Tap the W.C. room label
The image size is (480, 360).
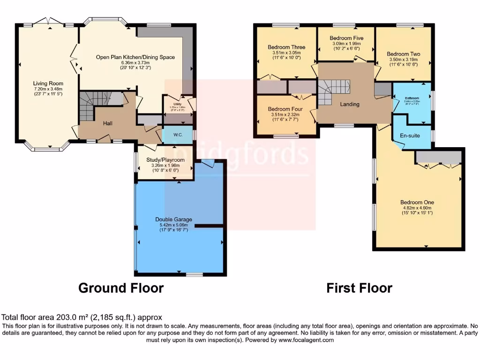(178, 135)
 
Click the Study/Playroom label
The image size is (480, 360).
(165, 160)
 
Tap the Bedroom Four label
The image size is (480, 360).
(286, 109)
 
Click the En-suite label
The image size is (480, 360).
(410, 135)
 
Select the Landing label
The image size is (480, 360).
(350, 104)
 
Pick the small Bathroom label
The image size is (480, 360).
(412, 98)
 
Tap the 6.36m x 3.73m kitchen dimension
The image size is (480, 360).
(135, 63)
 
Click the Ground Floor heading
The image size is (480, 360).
(121, 287)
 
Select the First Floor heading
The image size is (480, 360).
(359, 287)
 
